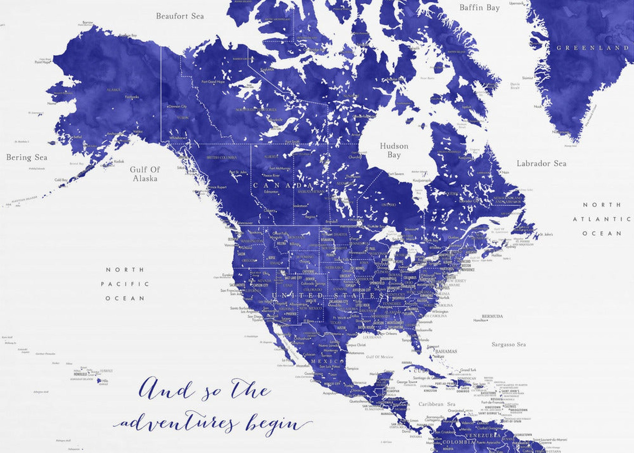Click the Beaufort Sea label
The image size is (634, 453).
point(180,16)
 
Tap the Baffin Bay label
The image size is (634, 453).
point(479,8)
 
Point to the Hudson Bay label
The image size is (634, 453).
point(394,150)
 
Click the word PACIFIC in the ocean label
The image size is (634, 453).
point(125,284)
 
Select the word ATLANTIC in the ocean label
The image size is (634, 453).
point(602,219)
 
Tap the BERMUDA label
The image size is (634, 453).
point(493,316)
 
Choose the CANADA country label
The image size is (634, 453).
point(282,185)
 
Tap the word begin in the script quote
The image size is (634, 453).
point(275,425)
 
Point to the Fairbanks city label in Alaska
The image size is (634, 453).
point(132,97)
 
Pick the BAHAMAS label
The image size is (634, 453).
point(446,351)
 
